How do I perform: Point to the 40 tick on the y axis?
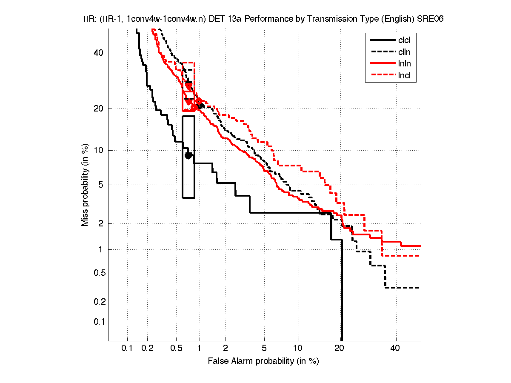tap(99, 53)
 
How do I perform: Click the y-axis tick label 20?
tap(99, 109)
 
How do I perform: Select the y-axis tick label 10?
tap(99, 150)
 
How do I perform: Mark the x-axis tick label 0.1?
tap(127, 349)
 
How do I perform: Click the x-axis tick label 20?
tap(339, 349)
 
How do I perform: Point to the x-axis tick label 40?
tap(396, 349)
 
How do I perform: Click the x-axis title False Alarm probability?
tap(263, 361)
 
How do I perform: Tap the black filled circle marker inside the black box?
tap(188, 155)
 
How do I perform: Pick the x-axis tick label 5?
tap(264, 349)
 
